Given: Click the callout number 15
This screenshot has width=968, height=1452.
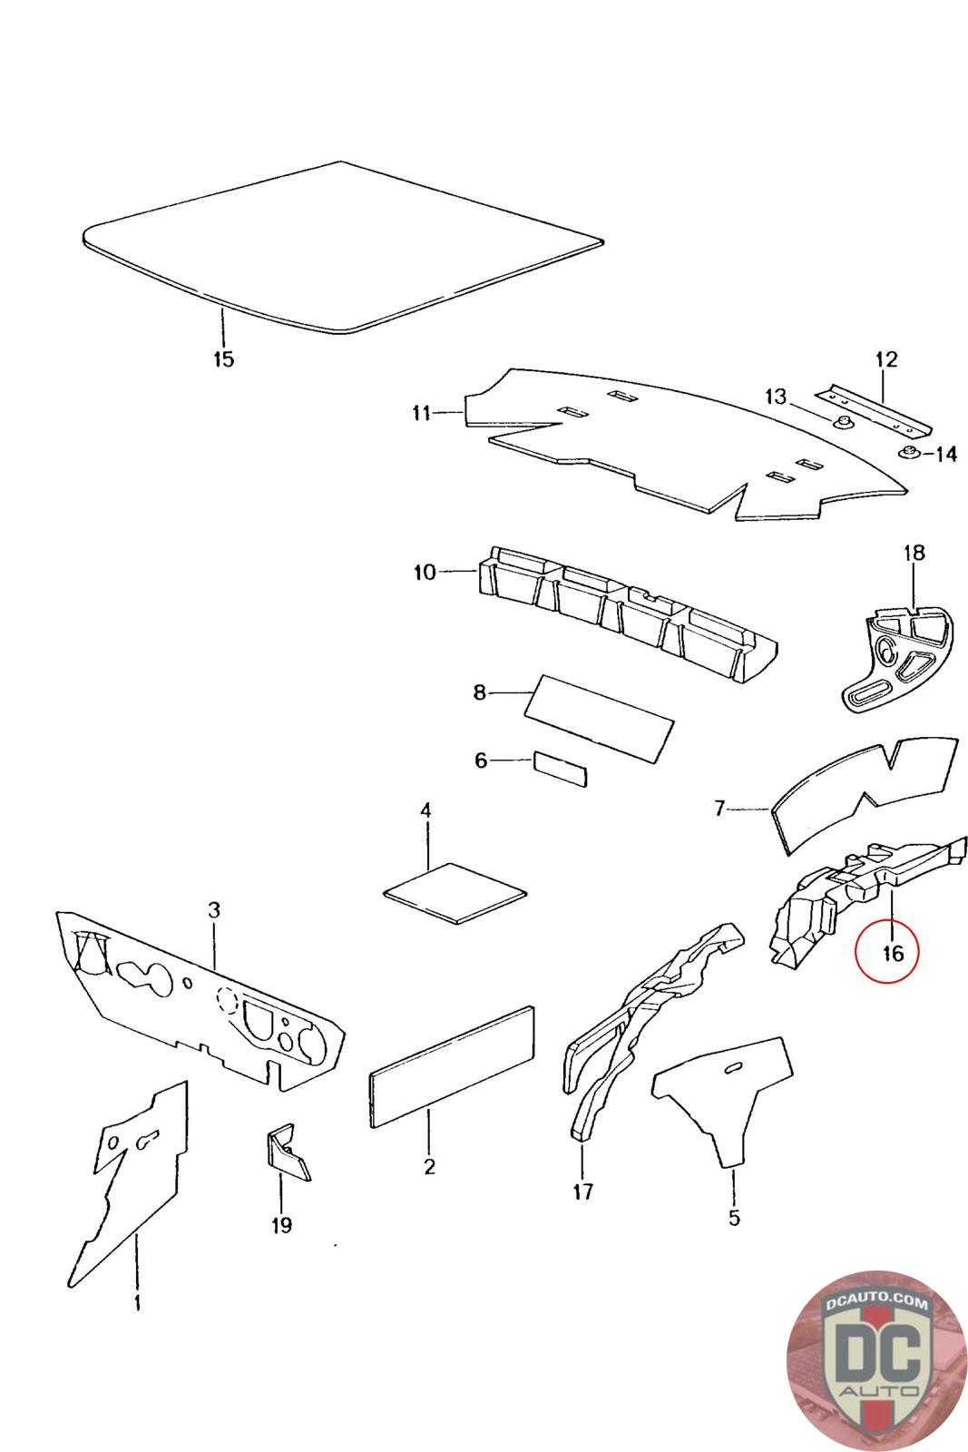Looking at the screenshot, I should click(x=223, y=358).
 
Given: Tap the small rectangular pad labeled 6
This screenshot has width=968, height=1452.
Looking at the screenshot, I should click(x=560, y=768).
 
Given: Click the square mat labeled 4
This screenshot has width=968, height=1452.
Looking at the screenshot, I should click(x=455, y=892).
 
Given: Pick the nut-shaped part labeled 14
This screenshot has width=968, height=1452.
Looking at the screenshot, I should click(x=908, y=453).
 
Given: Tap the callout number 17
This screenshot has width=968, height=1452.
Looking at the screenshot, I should click(x=582, y=1191).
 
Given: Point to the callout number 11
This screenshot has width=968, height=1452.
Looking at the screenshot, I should click(x=421, y=414).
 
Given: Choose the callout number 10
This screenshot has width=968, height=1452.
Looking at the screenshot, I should click(x=425, y=573).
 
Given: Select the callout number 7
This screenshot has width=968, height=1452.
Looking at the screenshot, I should click(x=719, y=807).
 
